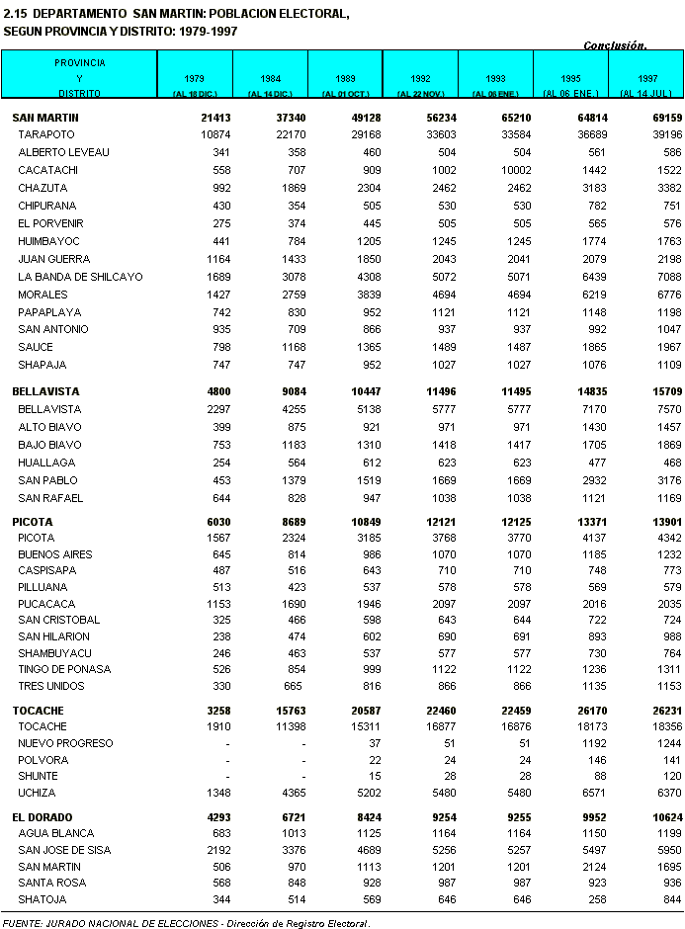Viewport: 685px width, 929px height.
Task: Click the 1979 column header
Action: click(x=195, y=77)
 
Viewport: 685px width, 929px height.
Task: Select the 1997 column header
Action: click(x=647, y=77)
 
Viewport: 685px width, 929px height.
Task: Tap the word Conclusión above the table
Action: click(x=614, y=45)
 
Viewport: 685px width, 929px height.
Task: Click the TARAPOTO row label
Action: click(x=47, y=134)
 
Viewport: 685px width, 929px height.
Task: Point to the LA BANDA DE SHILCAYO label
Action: click(x=80, y=277)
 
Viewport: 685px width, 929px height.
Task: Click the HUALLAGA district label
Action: click(x=45, y=463)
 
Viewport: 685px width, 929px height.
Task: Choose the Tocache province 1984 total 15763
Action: click(x=288, y=711)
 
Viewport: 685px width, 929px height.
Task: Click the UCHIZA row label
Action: click(x=37, y=793)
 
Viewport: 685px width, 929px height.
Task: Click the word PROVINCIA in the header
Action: click(x=80, y=62)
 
